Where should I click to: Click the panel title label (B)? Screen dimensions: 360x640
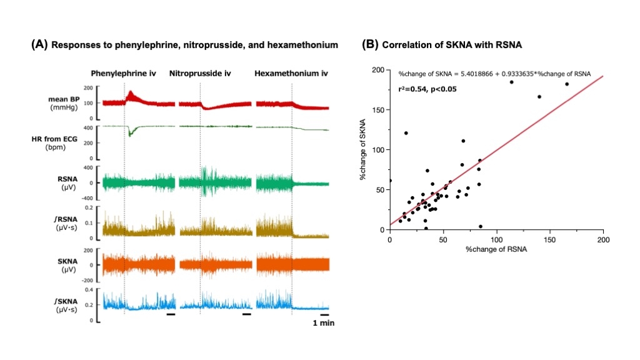(x=371, y=45)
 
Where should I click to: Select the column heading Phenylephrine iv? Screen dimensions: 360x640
(x=123, y=73)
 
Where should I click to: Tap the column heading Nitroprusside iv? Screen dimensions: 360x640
(x=200, y=73)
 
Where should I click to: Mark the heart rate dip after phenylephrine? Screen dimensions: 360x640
(x=130, y=134)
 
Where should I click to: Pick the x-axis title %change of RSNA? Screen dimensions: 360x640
(x=496, y=250)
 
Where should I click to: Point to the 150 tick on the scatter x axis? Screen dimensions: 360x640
(x=550, y=239)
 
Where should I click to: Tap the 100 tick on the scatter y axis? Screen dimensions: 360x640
(x=377, y=150)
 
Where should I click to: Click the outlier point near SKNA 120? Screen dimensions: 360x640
(x=406, y=133)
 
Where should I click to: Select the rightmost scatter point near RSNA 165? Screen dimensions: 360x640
(x=567, y=84)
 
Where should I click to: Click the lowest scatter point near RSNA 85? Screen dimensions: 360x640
(x=480, y=226)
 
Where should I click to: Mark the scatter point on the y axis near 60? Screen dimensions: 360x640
(x=390, y=181)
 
